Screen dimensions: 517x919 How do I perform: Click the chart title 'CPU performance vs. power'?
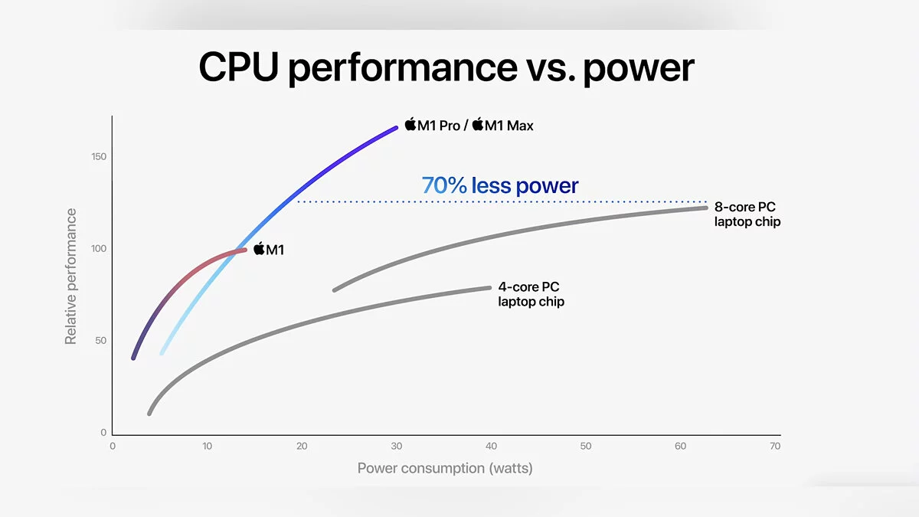coord(446,67)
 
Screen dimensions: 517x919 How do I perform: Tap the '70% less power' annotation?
coord(500,185)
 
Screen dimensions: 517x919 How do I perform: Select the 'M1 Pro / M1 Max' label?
coord(469,125)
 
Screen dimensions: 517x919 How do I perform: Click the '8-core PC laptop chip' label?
coord(747,214)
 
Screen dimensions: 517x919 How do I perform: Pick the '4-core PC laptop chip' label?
coord(531,294)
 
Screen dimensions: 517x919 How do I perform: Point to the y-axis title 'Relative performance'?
coord(70,276)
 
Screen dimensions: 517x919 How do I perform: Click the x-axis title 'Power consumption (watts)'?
coord(444,468)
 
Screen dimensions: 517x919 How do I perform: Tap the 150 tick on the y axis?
coord(99,157)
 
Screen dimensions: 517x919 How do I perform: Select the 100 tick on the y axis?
coord(99,249)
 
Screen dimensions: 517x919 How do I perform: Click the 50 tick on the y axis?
coord(101,341)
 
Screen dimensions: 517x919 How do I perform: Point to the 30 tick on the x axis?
coord(396,447)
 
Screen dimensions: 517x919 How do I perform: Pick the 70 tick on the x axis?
coord(775,447)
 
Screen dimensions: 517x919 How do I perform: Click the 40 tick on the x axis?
coord(491,447)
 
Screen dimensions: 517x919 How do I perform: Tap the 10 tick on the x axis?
coord(207,447)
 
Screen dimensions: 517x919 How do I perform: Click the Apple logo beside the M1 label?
coord(259,248)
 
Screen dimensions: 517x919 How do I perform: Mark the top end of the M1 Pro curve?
coord(396,127)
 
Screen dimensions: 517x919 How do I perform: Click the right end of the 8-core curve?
coord(705,208)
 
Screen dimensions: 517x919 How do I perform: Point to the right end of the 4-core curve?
coord(489,288)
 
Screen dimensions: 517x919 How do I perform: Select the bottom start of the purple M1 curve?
coord(133,358)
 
